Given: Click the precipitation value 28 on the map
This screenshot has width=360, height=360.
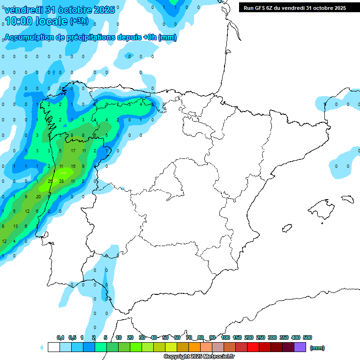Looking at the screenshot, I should [x=61, y=181].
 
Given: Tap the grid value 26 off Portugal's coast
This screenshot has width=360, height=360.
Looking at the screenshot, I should [x=50, y=181].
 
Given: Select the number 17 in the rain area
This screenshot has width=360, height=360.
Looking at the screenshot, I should [x=73, y=151].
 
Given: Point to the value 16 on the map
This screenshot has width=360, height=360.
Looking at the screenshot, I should [x=73, y=166].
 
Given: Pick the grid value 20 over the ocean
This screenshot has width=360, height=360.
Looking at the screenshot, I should [x=38, y=196].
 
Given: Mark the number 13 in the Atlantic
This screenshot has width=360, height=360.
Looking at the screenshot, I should [x=15, y=226].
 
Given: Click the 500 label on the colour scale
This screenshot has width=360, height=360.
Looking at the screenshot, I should [x=307, y=337].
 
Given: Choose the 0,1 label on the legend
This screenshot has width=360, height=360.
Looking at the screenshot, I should [x=60, y=337].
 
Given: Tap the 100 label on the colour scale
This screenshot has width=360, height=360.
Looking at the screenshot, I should [x=225, y=337].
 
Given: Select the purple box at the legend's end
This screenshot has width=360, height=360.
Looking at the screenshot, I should [x=300, y=347].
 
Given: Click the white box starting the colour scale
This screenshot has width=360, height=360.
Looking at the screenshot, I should [x=53, y=347].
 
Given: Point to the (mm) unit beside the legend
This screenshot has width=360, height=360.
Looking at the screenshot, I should [x=317, y=348].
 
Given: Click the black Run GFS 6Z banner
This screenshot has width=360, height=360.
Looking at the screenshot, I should [x=294, y=7].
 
